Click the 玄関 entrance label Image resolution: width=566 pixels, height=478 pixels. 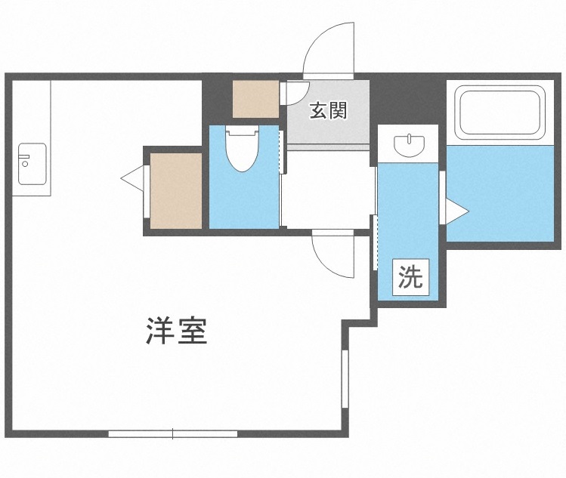(x=328, y=111)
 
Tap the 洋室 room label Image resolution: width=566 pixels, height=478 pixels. (x=176, y=331)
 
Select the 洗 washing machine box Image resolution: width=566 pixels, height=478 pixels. (x=410, y=277)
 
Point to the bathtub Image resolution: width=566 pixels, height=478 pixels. (x=500, y=112)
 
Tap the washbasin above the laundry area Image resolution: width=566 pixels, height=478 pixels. (x=408, y=143)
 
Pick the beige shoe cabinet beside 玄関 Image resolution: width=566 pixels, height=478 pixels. (x=255, y=98)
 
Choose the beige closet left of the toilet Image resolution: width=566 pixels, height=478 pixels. (x=176, y=190)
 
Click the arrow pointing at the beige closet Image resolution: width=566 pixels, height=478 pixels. (x=132, y=179)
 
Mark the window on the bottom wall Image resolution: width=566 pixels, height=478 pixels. (x=172, y=433)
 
